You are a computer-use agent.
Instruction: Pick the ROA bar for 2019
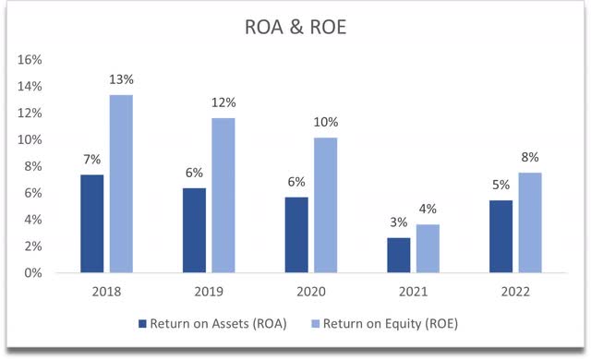tap(193, 231)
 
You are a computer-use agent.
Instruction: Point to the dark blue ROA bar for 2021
tap(398, 256)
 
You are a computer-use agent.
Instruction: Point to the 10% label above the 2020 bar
tap(325, 121)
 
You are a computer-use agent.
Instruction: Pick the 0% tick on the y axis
tap(34, 273)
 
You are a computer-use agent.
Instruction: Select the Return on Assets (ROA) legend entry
tap(212, 324)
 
